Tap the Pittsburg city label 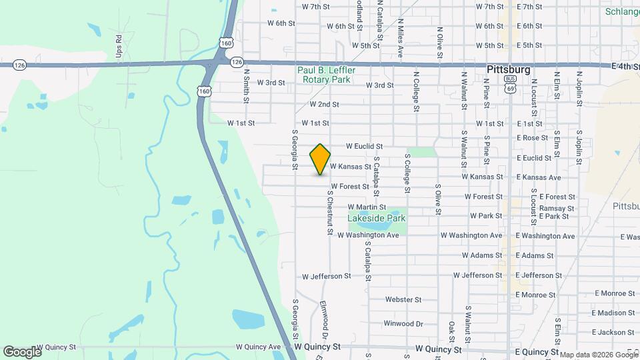(508, 69)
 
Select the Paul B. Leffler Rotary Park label (327, 75)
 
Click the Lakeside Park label (377, 218)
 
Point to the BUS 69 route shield (511, 87)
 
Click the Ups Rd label (119, 45)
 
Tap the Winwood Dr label (403, 324)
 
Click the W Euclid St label (364, 146)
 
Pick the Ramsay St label (557, 209)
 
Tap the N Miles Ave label (401, 41)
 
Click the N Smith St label (246, 87)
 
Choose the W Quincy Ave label (259, 347)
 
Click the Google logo (22, 351)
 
